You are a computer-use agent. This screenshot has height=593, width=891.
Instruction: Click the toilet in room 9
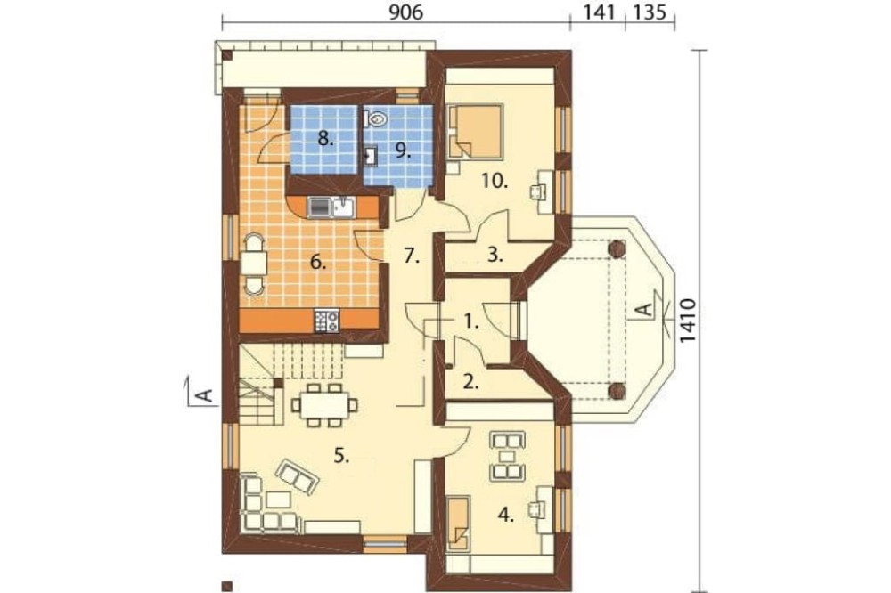pyautogui.click(x=375, y=118)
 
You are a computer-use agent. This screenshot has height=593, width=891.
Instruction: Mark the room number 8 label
pyautogui.click(x=327, y=139)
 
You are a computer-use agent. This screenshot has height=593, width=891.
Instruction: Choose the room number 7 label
pyautogui.click(x=411, y=256)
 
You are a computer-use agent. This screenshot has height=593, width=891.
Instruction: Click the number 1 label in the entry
pyautogui.click(x=471, y=321)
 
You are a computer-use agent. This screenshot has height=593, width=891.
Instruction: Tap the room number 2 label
pyautogui.click(x=471, y=385)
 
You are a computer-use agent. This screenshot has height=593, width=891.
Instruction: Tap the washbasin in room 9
pyautogui.click(x=372, y=157)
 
